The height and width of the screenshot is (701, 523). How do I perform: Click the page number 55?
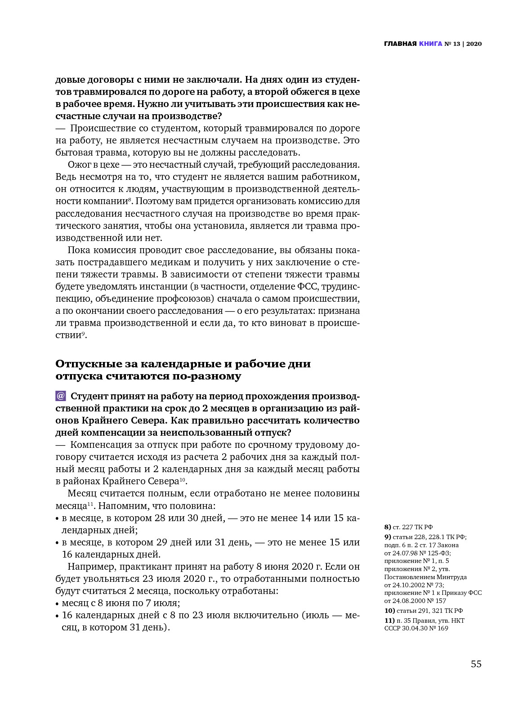pos(476,664)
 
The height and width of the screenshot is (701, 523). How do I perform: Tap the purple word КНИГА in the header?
pos(430,44)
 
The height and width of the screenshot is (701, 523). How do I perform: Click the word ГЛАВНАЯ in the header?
pos(400,44)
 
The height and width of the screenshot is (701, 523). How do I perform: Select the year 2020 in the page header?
pos(474,44)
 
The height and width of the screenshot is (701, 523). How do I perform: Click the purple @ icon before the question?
pos(61,396)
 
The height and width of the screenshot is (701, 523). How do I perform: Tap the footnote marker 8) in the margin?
pos(388,527)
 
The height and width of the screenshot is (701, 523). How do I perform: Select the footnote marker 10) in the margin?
pos(389,611)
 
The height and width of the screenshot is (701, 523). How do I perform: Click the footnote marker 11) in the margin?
pos(389,621)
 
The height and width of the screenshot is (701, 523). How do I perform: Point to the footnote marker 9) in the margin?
pos(388,537)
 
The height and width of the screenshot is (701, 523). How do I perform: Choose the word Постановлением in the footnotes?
pos(409,577)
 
